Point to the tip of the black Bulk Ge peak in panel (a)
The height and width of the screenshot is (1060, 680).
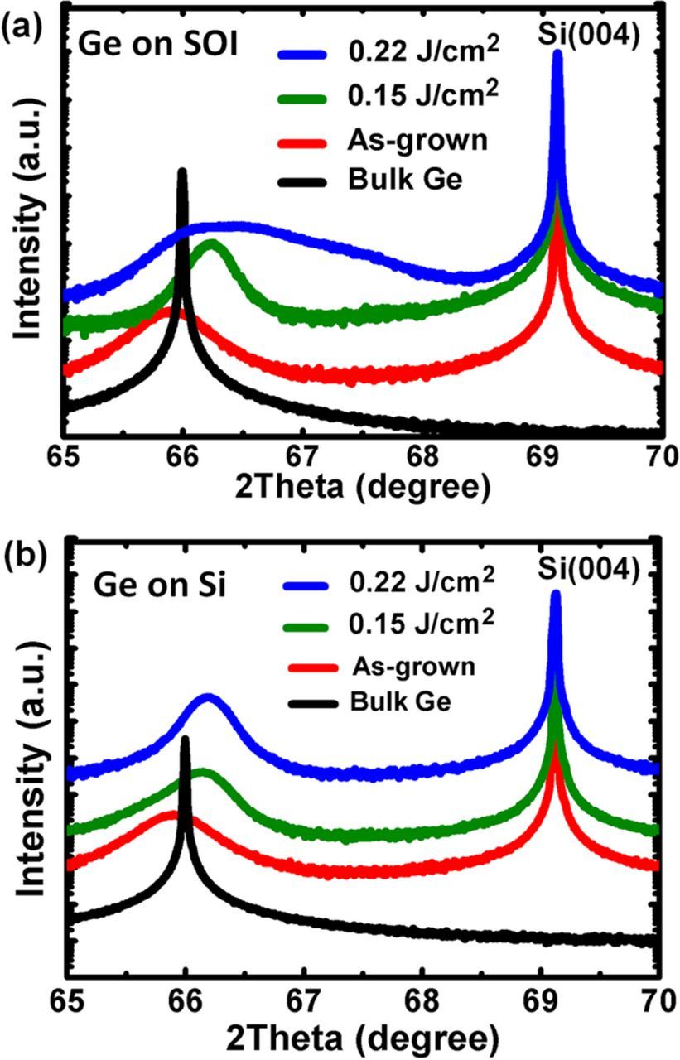coord(182,172)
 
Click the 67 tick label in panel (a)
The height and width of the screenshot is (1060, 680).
coord(302,455)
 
